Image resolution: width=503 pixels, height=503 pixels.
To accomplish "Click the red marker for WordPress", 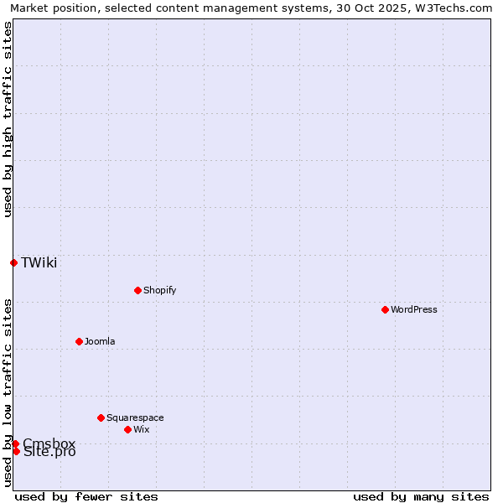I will pyautogui.click(x=385, y=309).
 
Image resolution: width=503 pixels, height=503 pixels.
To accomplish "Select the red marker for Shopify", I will pyautogui.click(x=137, y=290).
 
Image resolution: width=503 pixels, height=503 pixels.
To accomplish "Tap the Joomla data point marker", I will pyautogui.click(x=79, y=341).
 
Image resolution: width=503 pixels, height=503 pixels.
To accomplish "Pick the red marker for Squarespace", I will pyautogui.click(x=101, y=417).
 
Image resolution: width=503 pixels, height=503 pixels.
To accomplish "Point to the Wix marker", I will pyautogui.click(x=127, y=429).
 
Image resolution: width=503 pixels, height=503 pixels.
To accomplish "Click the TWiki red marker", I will pyautogui.click(x=13, y=262).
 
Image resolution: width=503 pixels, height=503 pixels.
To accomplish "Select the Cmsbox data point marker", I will pyautogui.click(x=15, y=443).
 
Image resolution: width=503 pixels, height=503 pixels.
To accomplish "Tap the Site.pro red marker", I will pyautogui.click(x=16, y=452).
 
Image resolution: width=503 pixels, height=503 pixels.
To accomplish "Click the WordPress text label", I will pyautogui.click(x=414, y=309).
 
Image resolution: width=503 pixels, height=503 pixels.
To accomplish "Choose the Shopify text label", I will pyautogui.click(x=159, y=290).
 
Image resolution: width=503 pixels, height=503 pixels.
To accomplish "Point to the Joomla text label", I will pyautogui.click(x=100, y=341).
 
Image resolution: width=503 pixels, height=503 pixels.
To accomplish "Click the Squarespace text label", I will pyautogui.click(x=135, y=417).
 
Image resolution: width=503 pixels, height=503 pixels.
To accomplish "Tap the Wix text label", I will pyautogui.click(x=141, y=429).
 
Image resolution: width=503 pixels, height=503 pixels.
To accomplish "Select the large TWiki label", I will pyautogui.click(x=39, y=262).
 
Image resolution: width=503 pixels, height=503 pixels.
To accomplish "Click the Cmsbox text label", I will pyautogui.click(x=49, y=443).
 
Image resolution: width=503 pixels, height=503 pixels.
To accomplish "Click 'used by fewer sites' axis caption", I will pyautogui.click(x=86, y=496).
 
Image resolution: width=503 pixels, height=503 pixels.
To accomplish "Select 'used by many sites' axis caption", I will pyautogui.click(x=421, y=496).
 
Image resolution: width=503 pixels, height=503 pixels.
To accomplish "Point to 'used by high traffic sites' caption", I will pyautogui.click(x=8, y=119).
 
